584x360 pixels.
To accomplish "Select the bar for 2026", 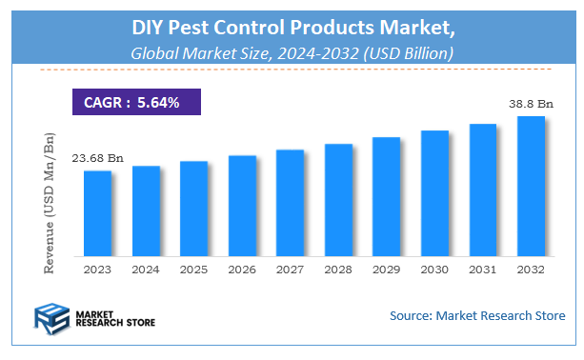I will tap(242, 206).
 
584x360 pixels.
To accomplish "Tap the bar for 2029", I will tap(386, 197).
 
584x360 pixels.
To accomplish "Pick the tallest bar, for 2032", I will tap(531, 187).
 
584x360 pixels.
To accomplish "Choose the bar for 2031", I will tap(483, 190).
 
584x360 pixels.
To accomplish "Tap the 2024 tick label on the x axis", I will tap(146, 270).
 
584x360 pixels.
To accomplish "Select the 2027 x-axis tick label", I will tap(290, 270).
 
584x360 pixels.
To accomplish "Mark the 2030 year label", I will tap(434, 270).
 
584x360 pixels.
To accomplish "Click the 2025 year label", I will tap(193, 270).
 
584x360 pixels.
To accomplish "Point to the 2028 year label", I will tap(338, 270).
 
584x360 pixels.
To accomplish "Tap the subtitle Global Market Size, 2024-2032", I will tap(292, 54).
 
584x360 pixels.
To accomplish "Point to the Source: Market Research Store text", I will tap(477, 315).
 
